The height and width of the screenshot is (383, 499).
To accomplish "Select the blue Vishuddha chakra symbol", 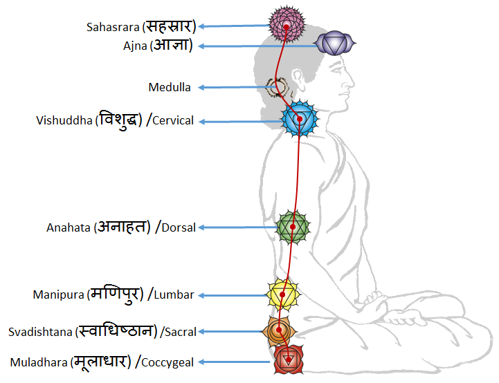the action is click(300, 118).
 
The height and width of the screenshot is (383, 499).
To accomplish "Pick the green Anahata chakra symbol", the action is click(293, 227).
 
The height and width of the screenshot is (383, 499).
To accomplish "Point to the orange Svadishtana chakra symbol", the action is click(279, 331).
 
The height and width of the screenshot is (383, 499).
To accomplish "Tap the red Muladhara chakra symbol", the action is click(288, 359).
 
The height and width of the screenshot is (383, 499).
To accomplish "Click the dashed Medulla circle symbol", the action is click(278, 87).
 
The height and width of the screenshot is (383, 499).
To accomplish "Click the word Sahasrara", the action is click(113, 28).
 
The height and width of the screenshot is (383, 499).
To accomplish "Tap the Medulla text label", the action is click(170, 87).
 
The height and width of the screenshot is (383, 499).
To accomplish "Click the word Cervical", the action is click(173, 121).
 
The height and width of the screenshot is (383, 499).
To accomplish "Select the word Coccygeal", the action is click(168, 362).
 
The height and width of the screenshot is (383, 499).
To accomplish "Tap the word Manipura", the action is click(58, 295).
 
